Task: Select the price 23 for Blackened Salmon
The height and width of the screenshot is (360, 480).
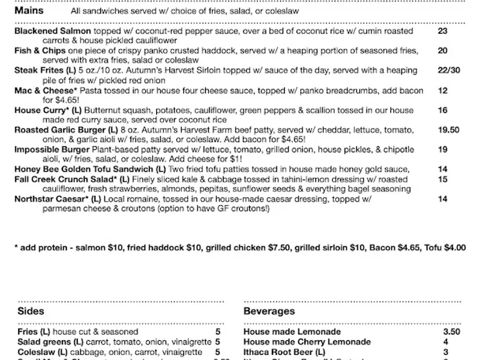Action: click(x=443, y=31)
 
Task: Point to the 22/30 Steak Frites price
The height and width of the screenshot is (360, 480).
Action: click(x=449, y=70)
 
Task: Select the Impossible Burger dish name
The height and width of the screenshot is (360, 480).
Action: click(x=52, y=149)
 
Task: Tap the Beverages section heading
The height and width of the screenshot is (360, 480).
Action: click(x=269, y=311)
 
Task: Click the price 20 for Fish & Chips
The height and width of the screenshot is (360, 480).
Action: click(x=443, y=50)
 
